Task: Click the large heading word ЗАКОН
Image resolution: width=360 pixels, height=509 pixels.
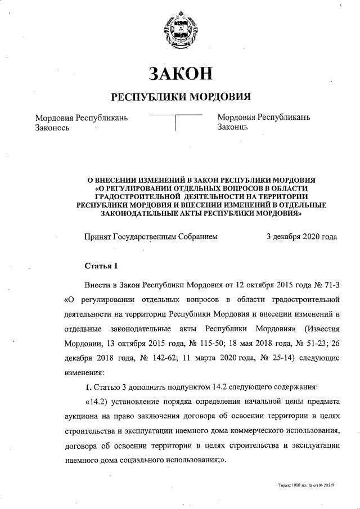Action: tap(180, 73)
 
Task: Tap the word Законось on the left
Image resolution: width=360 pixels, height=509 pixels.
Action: tap(52, 128)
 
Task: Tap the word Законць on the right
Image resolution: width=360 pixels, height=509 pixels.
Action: tap(232, 128)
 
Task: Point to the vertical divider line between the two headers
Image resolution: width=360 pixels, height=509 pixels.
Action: tap(177, 123)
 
